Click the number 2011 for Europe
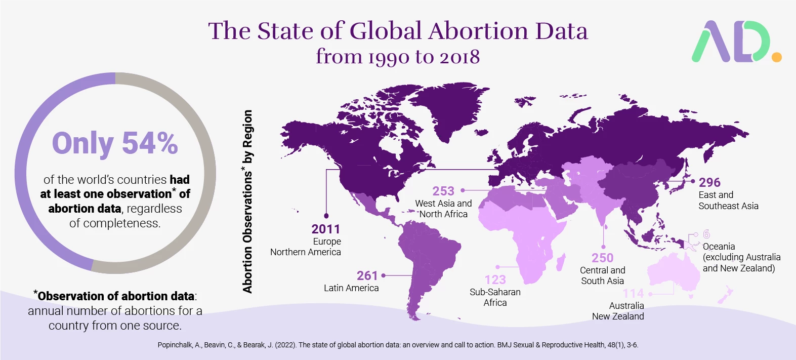pyautogui.click(x=325, y=229)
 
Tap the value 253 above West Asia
pyautogui.click(x=443, y=191)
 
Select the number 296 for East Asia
pyautogui.click(x=709, y=182)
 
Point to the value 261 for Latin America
pyautogui.click(x=367, y=275)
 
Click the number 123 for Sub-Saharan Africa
pyautogui.click(x=495, y=279)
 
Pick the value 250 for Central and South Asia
pyautogui.click(x=602, y=258)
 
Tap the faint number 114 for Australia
pyautogui.click(x=633, y=294)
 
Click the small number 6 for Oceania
pyautogui.click(x=706, y=234)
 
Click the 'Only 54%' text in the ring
pyautogui.click(x=115, y=143)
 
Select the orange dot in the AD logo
pyautogui.click(x=776, y=57)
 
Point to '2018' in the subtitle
pyautogui.click(x=459, y=57)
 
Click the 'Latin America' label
pyautogui.click(x=351, y=288)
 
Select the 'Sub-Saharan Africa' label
pyautogui.click(x=495, y=297)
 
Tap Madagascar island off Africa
pyautogui.click(x=560, y=262)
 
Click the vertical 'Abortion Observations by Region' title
pyautogui.click(x=247, y=202)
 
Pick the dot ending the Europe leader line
pyautogui.click(x=326, y=216)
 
